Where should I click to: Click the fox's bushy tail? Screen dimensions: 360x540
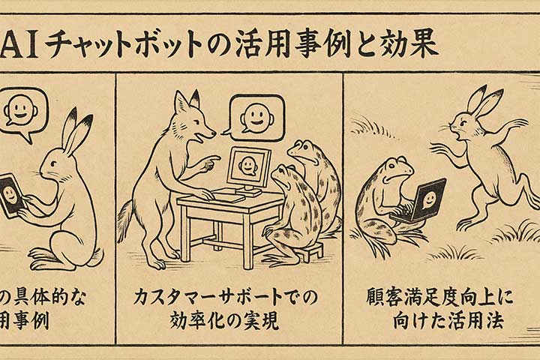[x=125, y=217]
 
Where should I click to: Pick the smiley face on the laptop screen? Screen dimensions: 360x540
[x=427, y=199]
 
